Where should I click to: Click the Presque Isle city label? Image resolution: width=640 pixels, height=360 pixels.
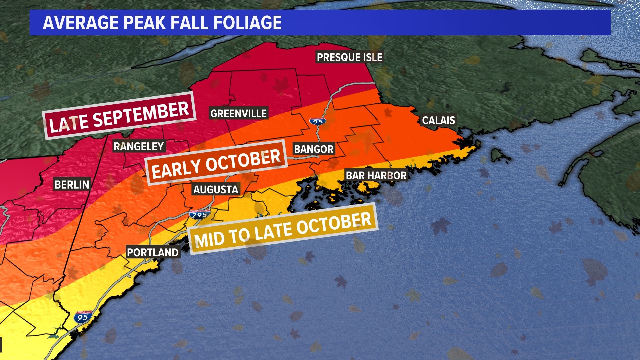point(349,57)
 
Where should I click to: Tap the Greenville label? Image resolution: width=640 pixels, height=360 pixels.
point(239,114)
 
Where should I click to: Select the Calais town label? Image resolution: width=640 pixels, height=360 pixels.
point(438,120)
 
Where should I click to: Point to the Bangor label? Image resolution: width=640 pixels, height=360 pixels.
point(314,149)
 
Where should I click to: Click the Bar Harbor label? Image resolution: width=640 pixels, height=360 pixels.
point(376,175)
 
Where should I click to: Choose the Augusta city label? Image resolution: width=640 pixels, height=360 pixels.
point(216,190)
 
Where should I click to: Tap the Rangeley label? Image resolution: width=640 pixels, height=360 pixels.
point(139,146)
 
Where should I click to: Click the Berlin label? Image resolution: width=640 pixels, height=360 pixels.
point(72,185)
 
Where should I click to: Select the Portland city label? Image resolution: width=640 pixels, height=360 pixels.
point(153,253)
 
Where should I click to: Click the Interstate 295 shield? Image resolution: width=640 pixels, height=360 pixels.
point(200,214)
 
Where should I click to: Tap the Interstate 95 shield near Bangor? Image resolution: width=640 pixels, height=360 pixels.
point(317,121)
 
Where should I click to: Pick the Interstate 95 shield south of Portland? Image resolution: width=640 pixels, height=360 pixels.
point(83,317)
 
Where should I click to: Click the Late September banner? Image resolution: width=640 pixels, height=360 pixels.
point(119,116)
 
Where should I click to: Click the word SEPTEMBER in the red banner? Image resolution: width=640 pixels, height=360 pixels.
point(141,114)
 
